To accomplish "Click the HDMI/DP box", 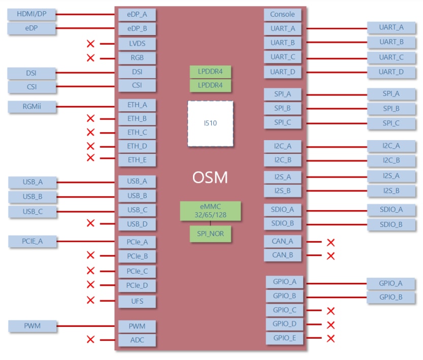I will [32, 14].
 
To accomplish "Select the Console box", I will [282, 15].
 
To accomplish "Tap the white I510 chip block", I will [210, 124].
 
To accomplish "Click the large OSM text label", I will [210, 178].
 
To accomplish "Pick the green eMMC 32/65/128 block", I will [210, 211].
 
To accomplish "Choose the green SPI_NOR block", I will [210, 234].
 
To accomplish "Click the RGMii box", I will [32, 107].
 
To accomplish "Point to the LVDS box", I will [137, 44].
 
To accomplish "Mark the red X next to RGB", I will [91, 58].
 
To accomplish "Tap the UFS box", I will [137, 302].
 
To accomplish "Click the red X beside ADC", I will [91, 340].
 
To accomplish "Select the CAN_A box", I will [282, 241].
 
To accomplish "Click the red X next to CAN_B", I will [331, 256].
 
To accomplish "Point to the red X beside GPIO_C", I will [331, 311].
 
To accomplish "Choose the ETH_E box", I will [137, 160].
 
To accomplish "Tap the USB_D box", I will [137, 224].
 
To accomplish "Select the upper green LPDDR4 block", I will [210, 71].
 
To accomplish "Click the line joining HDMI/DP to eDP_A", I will [86, 14].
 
